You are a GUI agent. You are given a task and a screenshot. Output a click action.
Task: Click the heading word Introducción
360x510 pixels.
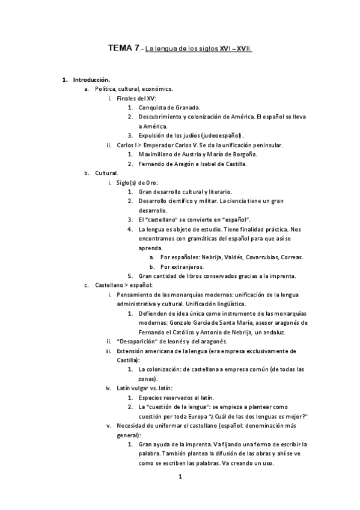pos(91,79)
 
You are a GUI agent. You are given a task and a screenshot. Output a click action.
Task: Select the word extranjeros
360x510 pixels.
pos(187,266)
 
